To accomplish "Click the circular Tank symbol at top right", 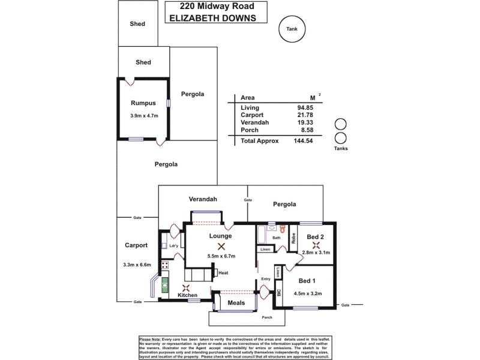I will (292, 28).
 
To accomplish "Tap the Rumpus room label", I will (143, 103).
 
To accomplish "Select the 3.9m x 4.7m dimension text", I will (143, 116).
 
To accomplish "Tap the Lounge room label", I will (221, 236).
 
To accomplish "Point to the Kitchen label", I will (188, 296).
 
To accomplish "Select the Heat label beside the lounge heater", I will (223, 273).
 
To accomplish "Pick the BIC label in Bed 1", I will (278, 293).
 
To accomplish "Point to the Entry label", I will (266, 278).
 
